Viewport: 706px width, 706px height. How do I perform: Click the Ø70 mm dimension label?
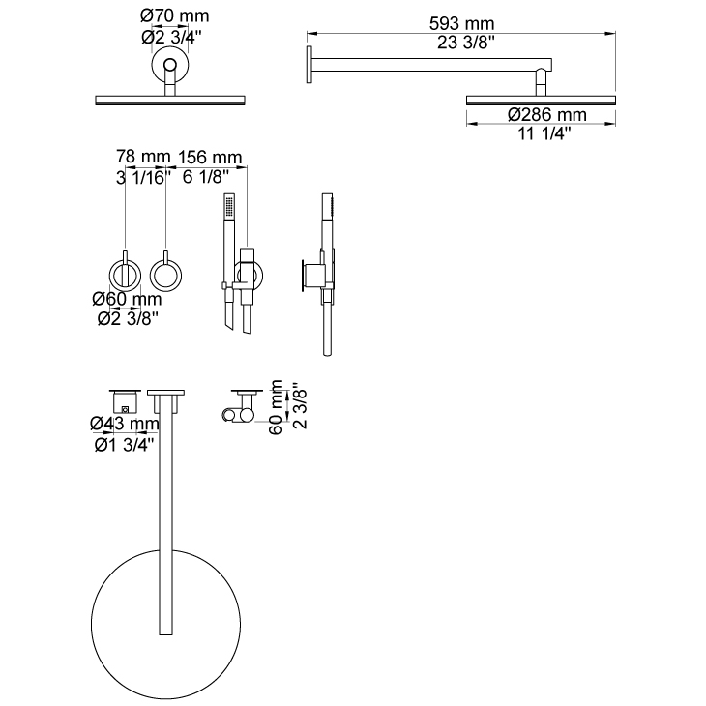(175, 15)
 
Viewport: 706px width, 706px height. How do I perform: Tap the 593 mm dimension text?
(461, 23)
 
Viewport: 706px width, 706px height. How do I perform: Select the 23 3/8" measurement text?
(466, 43)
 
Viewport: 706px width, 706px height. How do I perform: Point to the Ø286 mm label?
(547, 115)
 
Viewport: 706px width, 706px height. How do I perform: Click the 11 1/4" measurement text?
(544, 133)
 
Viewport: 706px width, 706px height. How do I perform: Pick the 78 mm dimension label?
(143, 157)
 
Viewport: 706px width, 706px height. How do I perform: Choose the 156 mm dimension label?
(210, 157)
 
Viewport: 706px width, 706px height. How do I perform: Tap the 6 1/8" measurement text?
(206, 177)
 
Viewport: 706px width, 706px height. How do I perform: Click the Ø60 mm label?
(127, 299)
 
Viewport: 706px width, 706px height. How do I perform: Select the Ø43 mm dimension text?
(125, 424)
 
